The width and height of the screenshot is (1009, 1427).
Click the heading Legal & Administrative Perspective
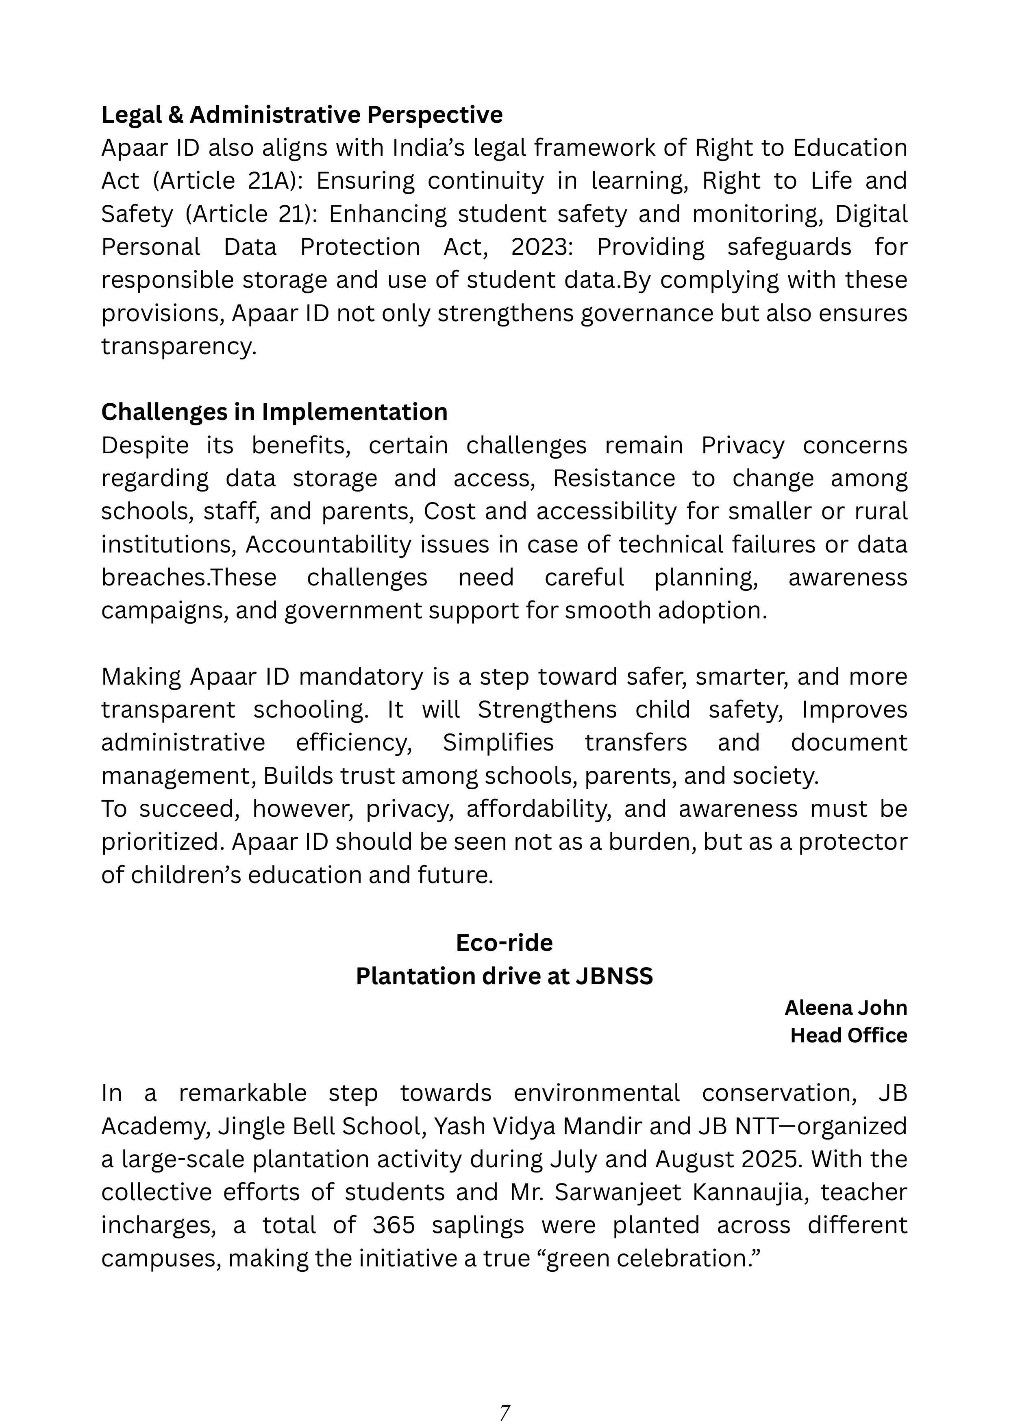tap(302, 115)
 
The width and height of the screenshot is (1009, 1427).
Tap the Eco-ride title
tap(504, 943)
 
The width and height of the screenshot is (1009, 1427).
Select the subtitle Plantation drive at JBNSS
tap(504, 977)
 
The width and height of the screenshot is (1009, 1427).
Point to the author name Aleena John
tap(845, 1007)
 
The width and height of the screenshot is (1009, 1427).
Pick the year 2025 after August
tap(773, 1159)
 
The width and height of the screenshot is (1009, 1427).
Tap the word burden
tap(652, 842)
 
